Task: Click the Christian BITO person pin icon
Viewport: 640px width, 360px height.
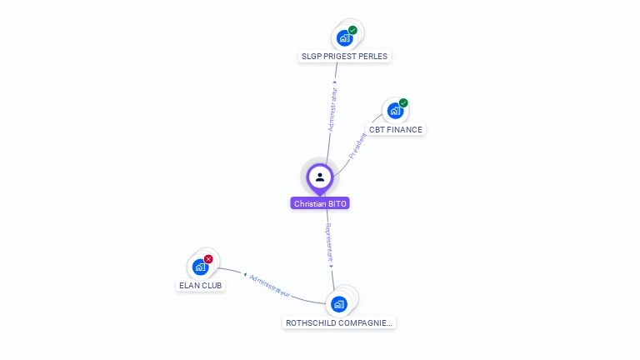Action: (320, 177)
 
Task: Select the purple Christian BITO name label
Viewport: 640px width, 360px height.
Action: (320, 203)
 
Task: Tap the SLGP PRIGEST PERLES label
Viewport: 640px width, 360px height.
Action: (344, 57)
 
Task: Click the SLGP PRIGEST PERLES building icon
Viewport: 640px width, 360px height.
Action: (343, 37)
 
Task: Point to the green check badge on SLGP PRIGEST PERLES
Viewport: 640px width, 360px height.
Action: (352, 30)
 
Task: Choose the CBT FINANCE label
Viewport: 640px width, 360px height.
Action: (396, 130)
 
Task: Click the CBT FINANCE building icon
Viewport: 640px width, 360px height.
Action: (395, 111)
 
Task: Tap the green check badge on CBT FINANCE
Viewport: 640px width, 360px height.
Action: (403, 103)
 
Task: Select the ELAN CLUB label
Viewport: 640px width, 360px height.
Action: (201, 286)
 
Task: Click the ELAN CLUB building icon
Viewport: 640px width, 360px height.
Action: (200, 267)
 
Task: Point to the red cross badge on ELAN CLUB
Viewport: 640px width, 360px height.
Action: (208, 259)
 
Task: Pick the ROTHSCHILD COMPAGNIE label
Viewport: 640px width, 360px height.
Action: (338, 322)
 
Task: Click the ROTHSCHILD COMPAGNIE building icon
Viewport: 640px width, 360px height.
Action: (338, 303)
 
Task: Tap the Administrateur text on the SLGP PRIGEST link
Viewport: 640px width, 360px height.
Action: (333, 108)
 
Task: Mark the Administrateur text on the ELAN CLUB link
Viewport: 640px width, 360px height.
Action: (269, 285)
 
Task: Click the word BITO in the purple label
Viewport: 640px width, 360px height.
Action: (336, 203)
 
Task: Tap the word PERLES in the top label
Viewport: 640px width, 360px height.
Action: (372, 57)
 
